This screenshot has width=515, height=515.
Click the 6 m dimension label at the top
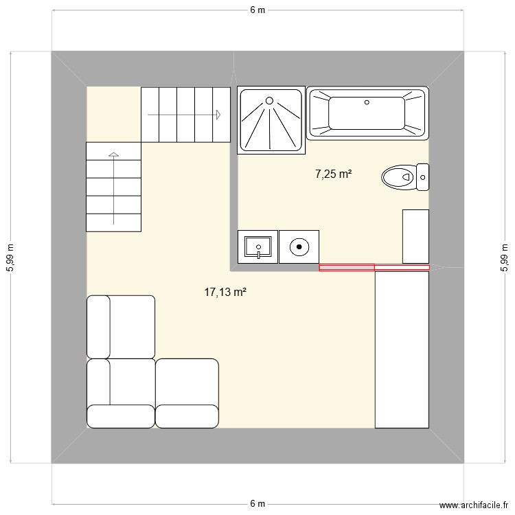(x=257, y=10)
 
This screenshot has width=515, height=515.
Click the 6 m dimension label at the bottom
(x=257, y=503)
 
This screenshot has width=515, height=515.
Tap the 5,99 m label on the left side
(x=10, y=257)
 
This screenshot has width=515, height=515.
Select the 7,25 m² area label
(x=333, y=174)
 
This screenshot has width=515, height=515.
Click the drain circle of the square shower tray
(x=270, y=101)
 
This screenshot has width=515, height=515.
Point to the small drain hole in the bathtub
(x=367, y=102)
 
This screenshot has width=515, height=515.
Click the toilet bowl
(x=398, y=177)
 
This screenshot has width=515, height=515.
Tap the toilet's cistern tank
(x=423, y=177)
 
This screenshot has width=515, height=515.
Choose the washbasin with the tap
(x=257, y=247)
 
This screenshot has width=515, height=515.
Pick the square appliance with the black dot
(x=299, y=247)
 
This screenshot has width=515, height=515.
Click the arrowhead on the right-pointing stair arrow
(x=218, y=114)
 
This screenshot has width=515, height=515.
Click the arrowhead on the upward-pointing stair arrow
(x=113, y=154)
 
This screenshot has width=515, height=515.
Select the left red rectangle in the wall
(x=347, y=267)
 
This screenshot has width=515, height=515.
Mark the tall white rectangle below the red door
(x=402, y=349)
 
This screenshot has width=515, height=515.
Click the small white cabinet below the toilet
(x=415, y=236)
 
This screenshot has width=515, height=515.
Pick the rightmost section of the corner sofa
(x=187, y=392)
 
